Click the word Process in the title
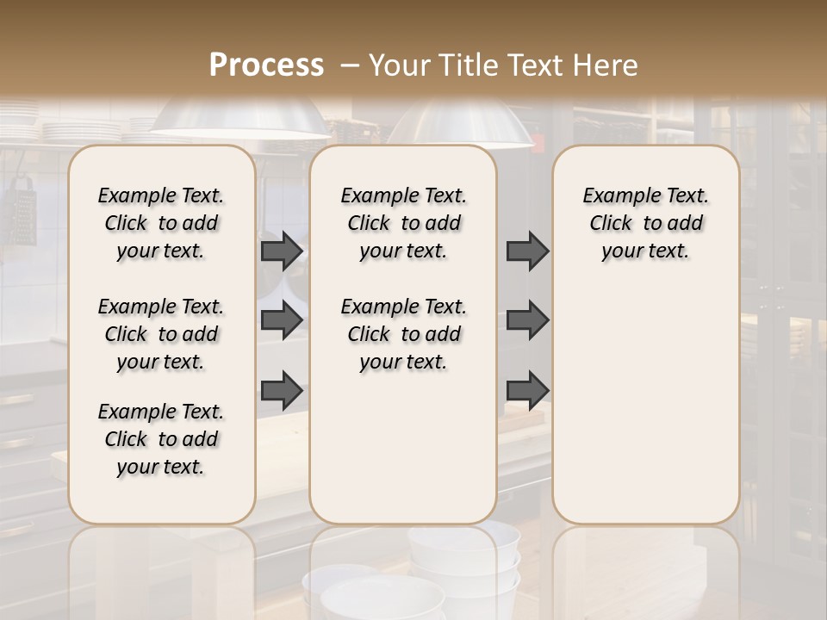266,65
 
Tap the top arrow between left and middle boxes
282,251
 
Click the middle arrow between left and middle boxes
282,320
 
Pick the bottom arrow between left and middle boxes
282,390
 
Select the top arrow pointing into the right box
527,251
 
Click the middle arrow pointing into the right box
527,320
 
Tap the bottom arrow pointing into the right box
527,390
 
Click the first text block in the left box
161,223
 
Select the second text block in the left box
161,334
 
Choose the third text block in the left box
161,439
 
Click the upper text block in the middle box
403,223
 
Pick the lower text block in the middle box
403,334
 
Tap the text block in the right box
646,223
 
